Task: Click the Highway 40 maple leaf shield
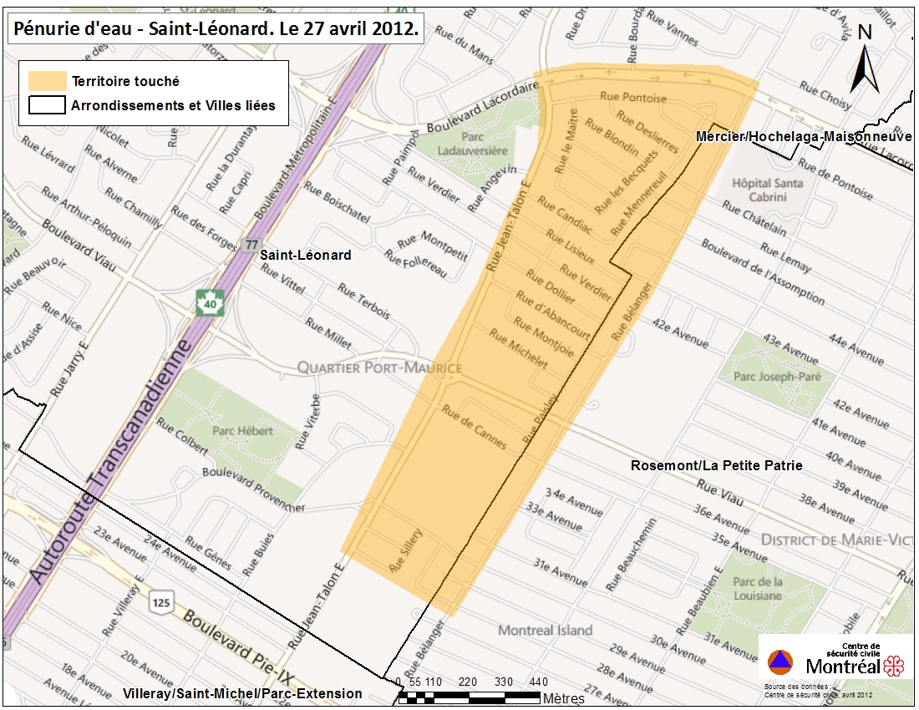(x=210, y=302)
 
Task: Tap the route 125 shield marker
(x=161, y=601)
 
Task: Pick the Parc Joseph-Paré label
(x=777, y=377)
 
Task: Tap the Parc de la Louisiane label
(x=759, y=589)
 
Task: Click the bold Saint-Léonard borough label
(x=305, y=255)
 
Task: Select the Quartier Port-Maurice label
(x=379, y=368)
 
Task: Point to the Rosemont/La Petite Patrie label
(x=717, y=465)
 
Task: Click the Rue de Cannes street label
(x=474, y=426)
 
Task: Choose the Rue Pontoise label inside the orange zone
(x=633, y=98)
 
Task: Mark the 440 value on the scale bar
(x=538, y=682)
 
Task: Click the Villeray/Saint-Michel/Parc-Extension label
(x=242, y=693)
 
